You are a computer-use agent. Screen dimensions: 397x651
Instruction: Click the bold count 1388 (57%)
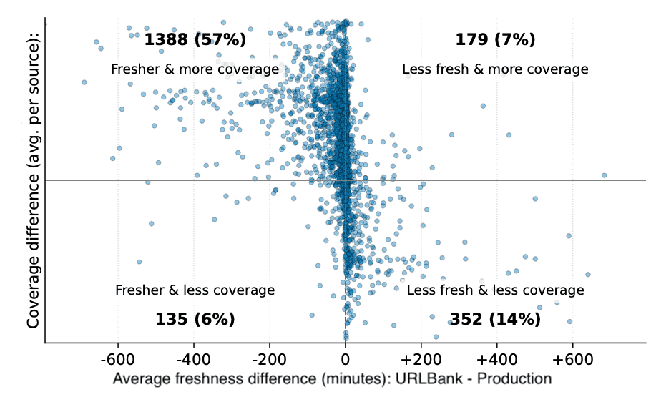click(195, 40)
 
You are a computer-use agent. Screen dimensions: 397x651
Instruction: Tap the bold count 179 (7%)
click(495, 40)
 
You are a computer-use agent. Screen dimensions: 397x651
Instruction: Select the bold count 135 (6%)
click(195, 319)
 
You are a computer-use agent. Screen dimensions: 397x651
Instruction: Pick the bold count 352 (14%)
click(495, 319)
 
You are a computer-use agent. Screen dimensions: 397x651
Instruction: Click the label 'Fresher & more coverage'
click(195, 69)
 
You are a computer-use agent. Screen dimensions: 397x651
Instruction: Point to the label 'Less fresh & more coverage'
click(495, 69)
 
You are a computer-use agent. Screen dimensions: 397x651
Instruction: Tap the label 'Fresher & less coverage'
click(195, 290)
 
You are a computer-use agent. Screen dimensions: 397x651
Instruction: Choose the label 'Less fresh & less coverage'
click(495, 290)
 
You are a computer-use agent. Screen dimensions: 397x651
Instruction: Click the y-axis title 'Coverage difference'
click(33, 215)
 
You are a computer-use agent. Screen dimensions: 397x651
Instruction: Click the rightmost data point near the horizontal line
click(604, 175)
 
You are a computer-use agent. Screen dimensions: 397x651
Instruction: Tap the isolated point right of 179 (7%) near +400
click(483, 106)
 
